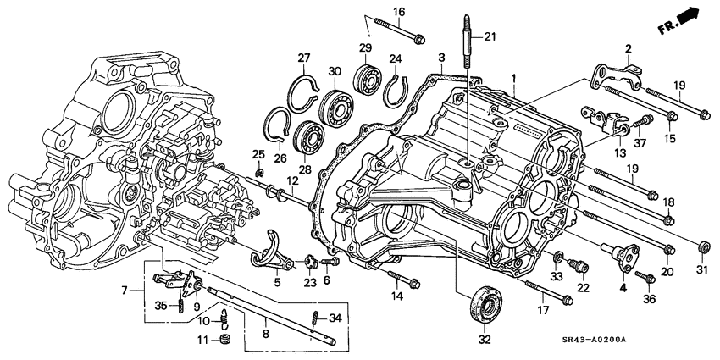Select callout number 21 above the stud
pyautogui.click(x=490, y=36)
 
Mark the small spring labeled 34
pyautogui.click(x=313, y=318)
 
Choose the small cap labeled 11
pyautogui.click(x=225, y=341)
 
